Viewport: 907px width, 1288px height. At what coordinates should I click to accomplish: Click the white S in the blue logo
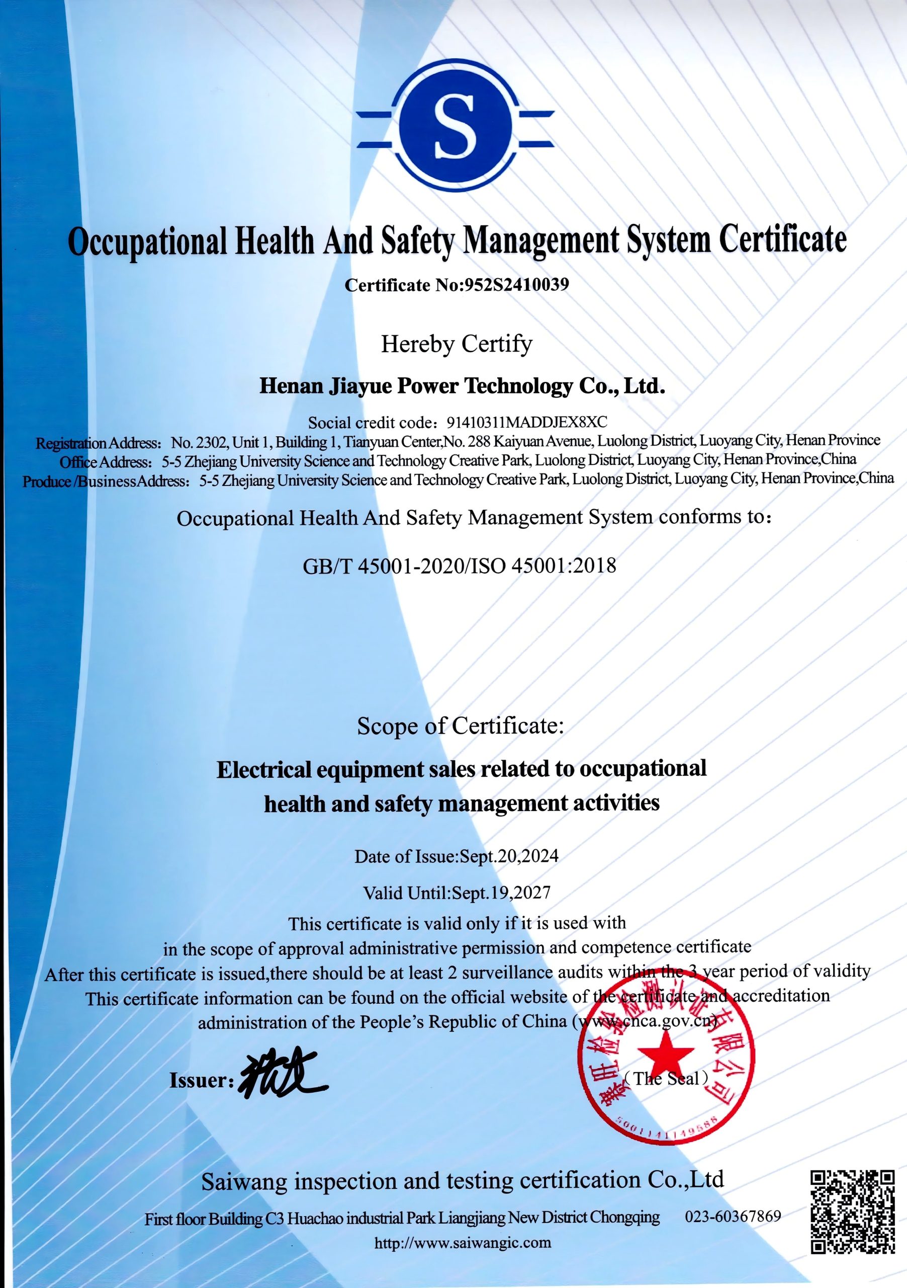[455, 126]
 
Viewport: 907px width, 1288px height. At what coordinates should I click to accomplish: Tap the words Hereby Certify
[457, 343]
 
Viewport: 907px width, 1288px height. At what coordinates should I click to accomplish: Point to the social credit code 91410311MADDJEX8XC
[526, 422]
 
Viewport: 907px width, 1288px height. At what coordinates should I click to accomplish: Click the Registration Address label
[99, 443]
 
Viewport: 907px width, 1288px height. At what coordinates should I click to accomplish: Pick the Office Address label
[106, 462]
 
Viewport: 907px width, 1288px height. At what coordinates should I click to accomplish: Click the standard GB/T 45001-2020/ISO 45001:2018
[459, 566]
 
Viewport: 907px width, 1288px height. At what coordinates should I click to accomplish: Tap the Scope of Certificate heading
[460, 726]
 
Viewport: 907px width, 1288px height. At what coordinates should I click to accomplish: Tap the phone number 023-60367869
[733, 1216]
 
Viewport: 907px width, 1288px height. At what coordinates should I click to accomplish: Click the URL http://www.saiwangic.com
[463, 1243]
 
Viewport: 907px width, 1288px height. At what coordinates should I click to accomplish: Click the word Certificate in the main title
[782, 239]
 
